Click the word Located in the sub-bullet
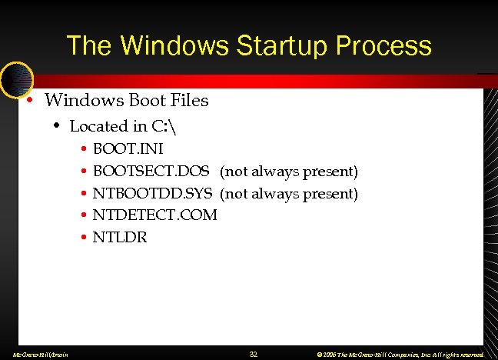click(x=98, y=126)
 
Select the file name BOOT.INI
click(x=128, y=148)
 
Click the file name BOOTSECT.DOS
click(x=151, y=171)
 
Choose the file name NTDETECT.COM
click(x=154, y=215)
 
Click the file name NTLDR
click(x=120, y=238)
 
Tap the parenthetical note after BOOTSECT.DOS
click(x=289, y=171)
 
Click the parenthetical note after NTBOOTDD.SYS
click(x=289, y=193)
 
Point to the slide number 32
click(x=254, y=354)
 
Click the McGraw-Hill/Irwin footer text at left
click(x=36, y=355)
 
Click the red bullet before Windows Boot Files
click(x=29, y=101)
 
